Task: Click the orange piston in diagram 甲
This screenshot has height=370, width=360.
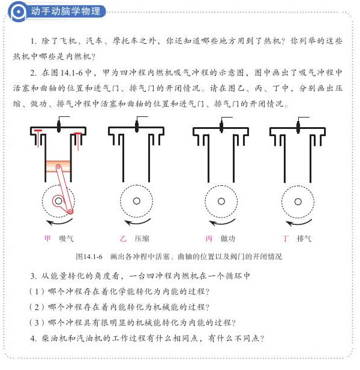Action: pyautogui.click(x=58, y=166)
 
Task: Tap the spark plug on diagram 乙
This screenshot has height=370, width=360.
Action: pyautogui.click(x=137, y=126)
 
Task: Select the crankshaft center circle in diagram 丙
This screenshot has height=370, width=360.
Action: pyautogui.click(x=221, y=201)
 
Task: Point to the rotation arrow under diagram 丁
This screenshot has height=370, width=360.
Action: pyautogui.click(x=299, y=222)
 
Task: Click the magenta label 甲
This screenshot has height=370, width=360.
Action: pyautogui.click(x=47, y=238)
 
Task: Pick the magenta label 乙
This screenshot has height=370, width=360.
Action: pyautogui.click(x=123, y=238)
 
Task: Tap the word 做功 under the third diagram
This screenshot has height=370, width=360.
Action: pyautogui.click(x=228, y=238)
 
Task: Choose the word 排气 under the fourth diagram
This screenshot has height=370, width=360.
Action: pyautogui.click(x=304, y=238)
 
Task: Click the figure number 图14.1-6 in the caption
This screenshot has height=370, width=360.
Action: pyautogui.click(x=89, y=257)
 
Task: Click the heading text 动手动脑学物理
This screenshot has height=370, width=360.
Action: pyautogui.click(x=65, y=11)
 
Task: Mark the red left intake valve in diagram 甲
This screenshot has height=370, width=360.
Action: pyautogui.click(x=38, y=137)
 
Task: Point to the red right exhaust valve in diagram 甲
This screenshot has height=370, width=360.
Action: pyautogui.click(x=78, y=141)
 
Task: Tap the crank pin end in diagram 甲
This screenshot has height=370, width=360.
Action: pyautogui.click(x=70, y=211)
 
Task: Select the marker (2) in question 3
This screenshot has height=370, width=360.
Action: pyautogui.click(x=37, y=307)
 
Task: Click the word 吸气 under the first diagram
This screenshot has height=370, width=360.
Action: pyautogui.click(x=66, y=238)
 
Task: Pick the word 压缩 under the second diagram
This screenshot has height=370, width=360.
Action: pyautogui.click(x=142, y=238)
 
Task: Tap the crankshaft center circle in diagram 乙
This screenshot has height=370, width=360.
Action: pyautogui.click(x=137, y=201)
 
